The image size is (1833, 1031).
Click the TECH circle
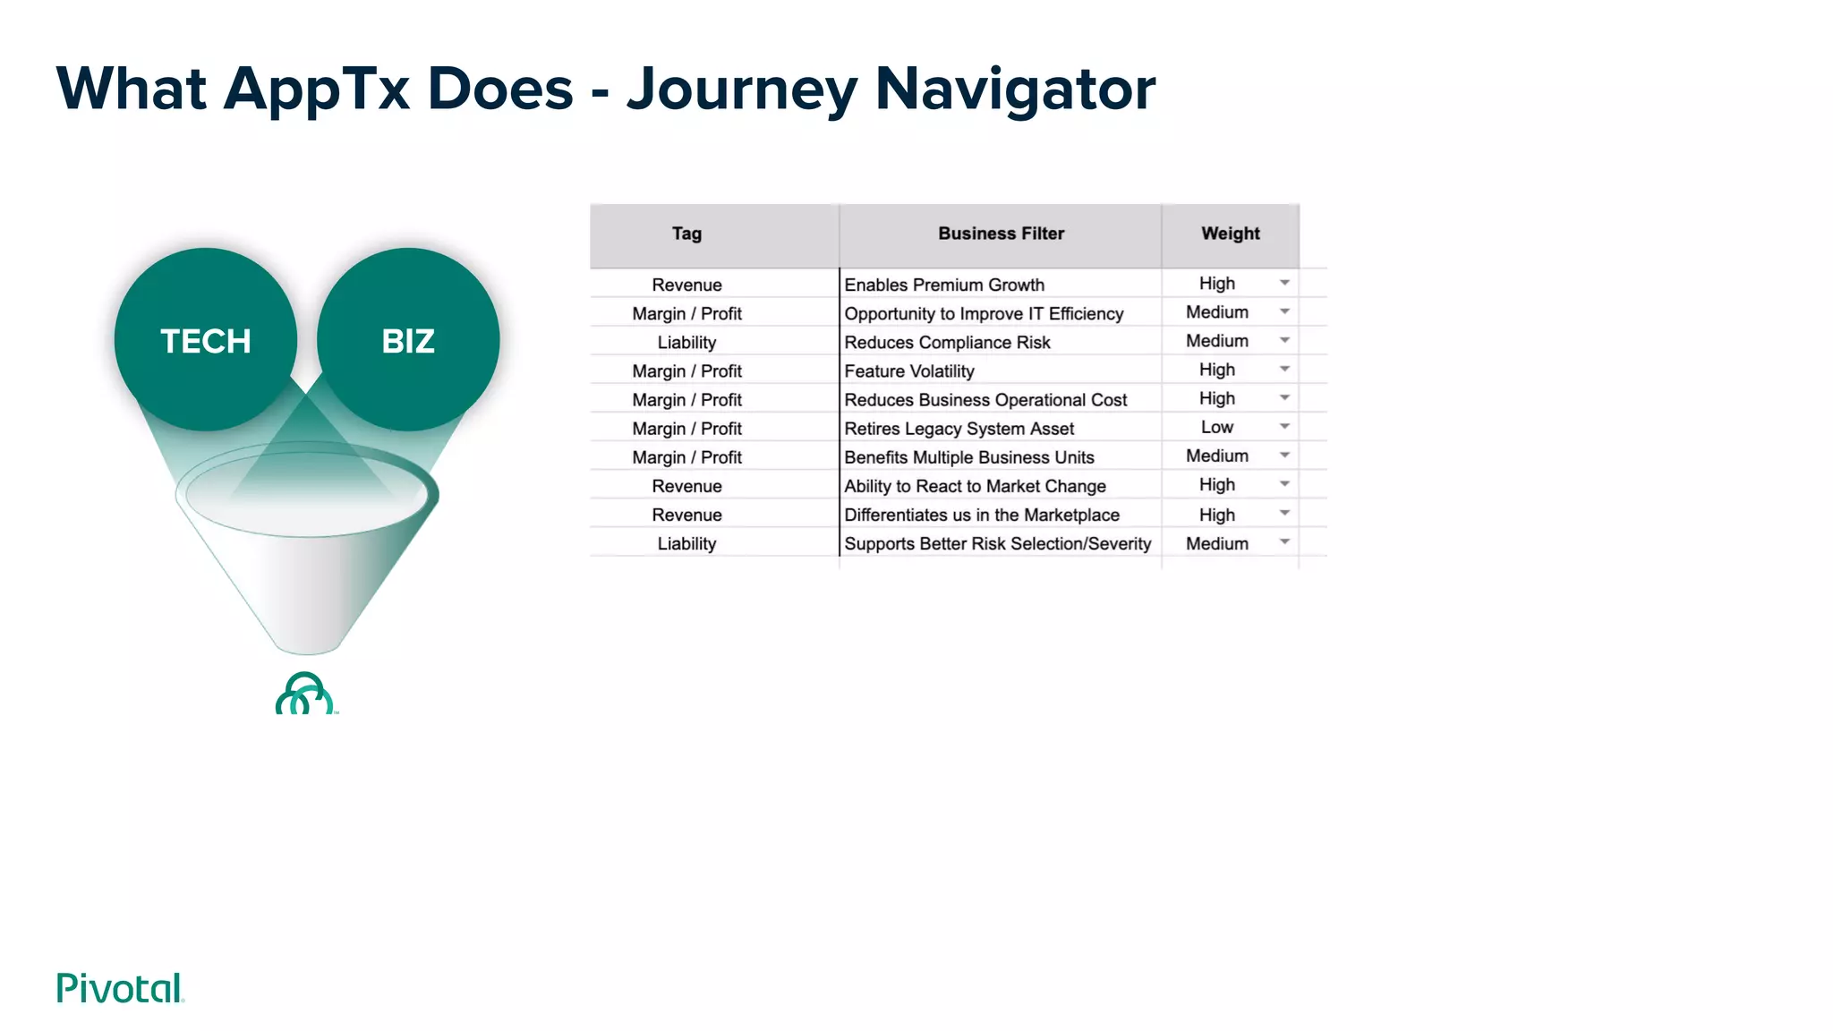pyautogui.click(x=206, y=340)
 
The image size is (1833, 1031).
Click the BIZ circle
pyautogui.click(x=408, y=340)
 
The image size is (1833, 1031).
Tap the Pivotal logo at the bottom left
pyautogui.click(x=120, y=988)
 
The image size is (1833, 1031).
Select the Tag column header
pyautogui.click(x=686, y=234)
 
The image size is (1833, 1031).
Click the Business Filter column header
pyautogui.click(x=1001, y=234)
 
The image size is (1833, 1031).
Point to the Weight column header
pyautogui.click(x=1230, y=234)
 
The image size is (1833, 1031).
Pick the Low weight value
pyautogui.click(x=1217, y=427)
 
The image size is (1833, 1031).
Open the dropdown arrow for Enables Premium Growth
pyautogui.click(x=1284, y=283)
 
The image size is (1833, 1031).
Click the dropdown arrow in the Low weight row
pyautogui.click(x=1284, y=427)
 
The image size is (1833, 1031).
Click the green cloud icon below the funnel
pyautogui.click(x=305, y=694)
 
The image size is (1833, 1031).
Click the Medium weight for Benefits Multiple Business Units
pyautogui.click(x=1217, y=456)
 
